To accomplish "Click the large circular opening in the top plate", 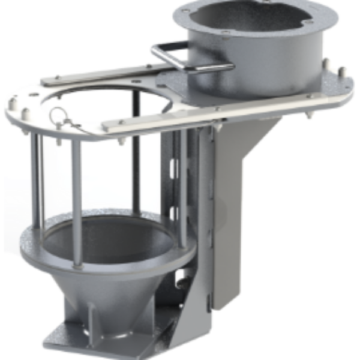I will click(x=114, y=108).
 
